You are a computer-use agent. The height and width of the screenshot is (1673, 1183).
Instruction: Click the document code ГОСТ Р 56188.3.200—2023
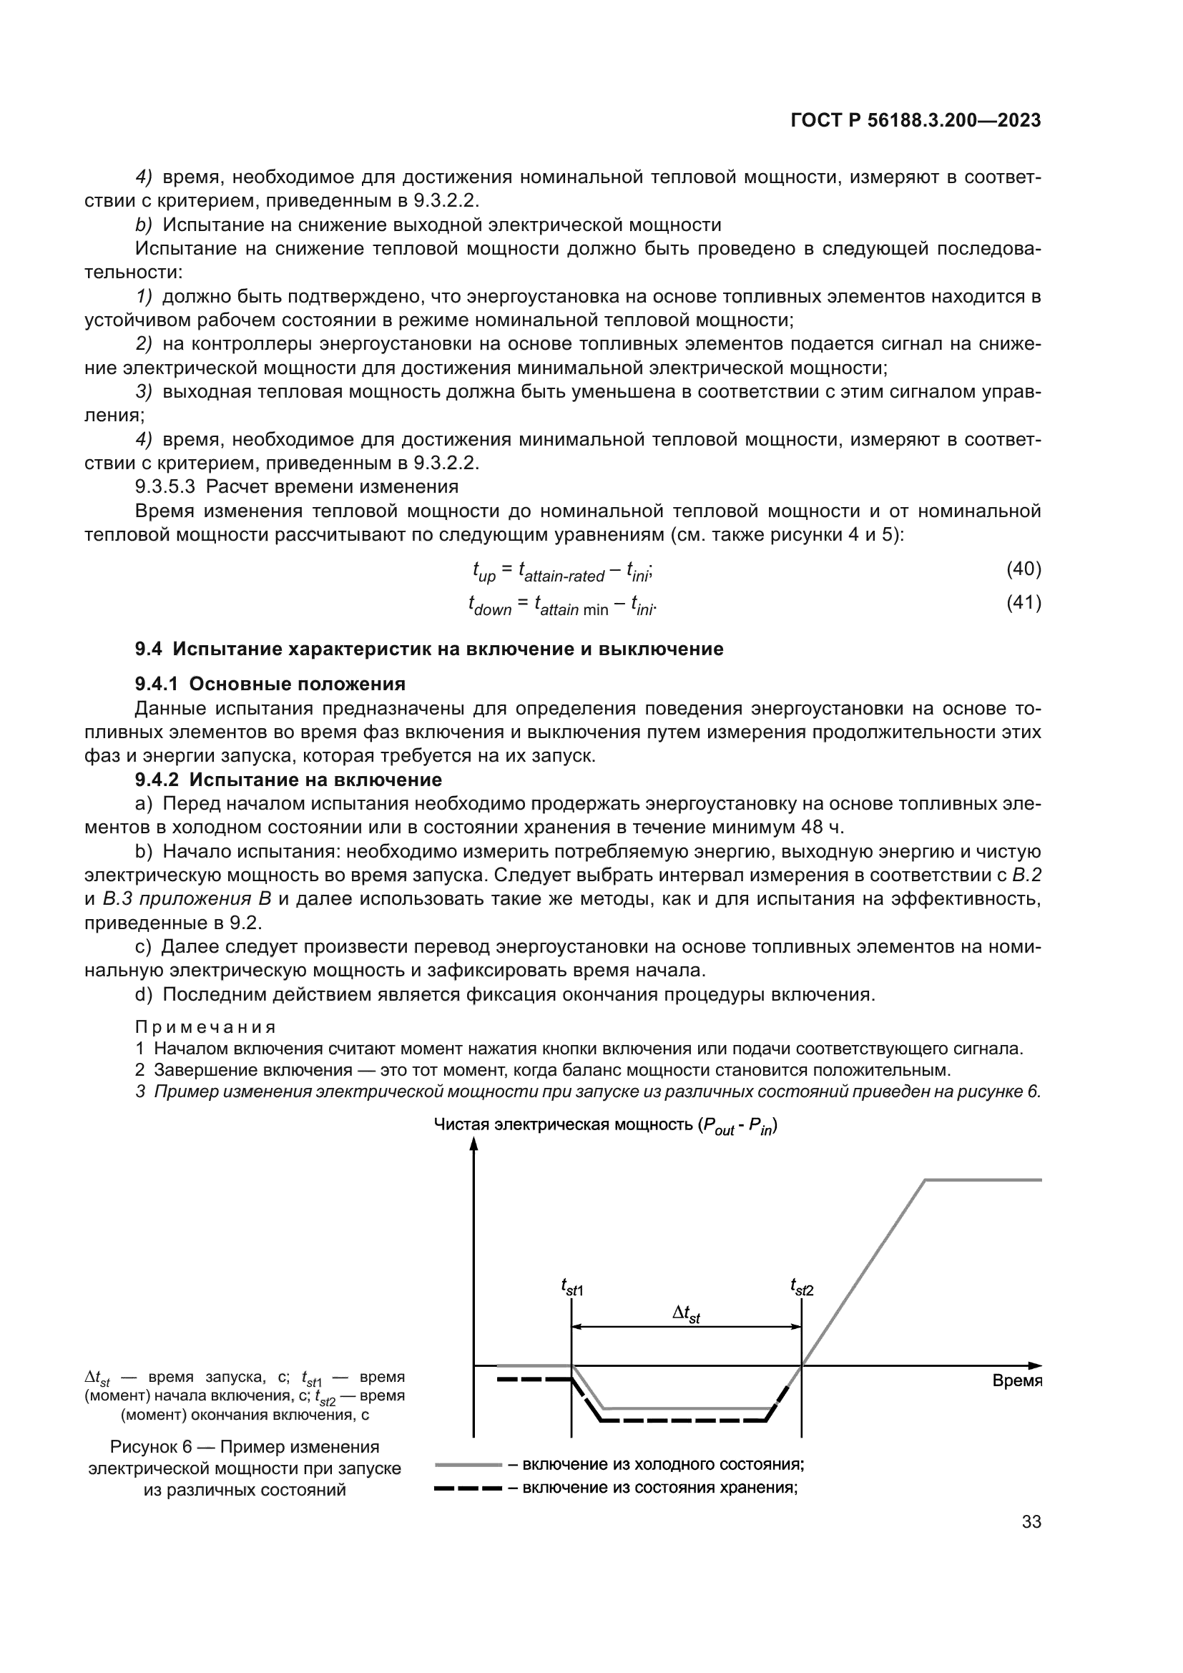915,121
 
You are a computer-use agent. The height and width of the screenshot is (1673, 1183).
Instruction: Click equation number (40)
1024,569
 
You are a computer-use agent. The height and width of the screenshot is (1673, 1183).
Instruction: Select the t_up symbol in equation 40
483,573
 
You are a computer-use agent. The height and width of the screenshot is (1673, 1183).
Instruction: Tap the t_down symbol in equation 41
489,607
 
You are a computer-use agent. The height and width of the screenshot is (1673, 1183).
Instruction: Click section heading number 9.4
148,649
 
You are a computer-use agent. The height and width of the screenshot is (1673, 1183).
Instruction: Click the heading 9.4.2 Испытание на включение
288,780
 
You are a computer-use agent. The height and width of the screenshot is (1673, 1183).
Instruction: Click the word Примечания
205,1027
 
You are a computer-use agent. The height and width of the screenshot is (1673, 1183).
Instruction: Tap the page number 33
1031,1522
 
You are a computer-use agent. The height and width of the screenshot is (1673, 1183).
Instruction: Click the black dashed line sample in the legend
468,1488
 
